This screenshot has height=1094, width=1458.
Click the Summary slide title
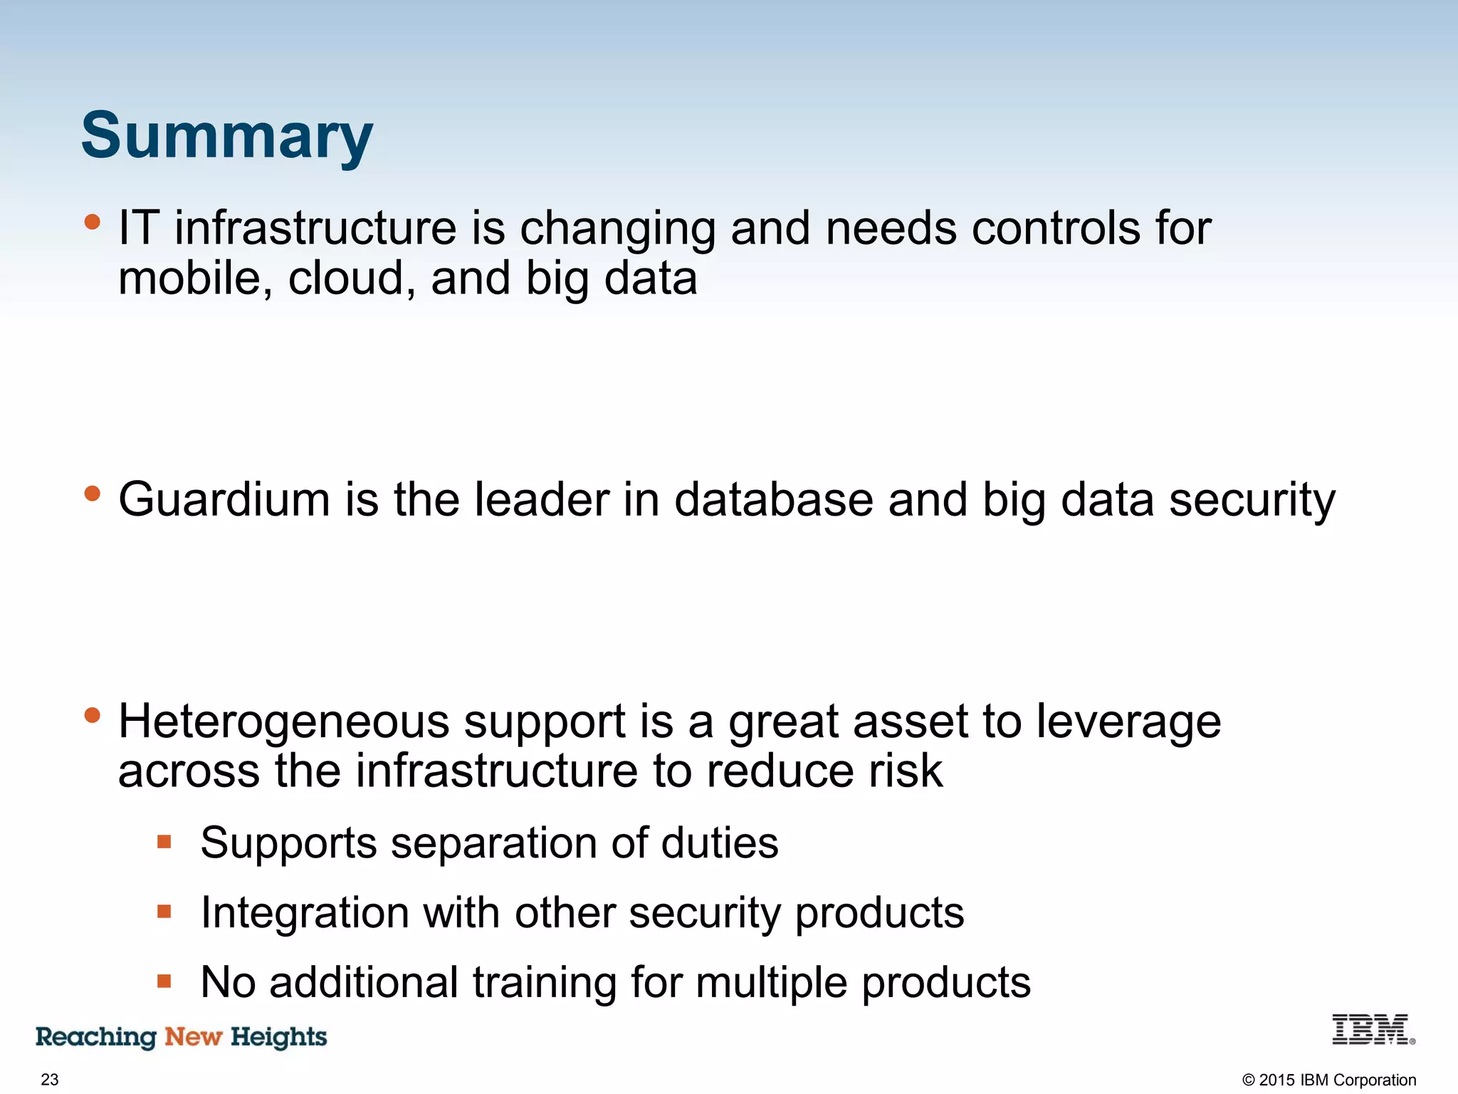tap(226, 137)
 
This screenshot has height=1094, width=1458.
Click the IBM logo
tap(1372, 1030)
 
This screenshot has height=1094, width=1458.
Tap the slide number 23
tap(50, 1079)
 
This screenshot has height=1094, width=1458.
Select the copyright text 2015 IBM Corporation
tap(1328, 1080)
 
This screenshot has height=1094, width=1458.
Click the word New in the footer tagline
tap(193, 1036)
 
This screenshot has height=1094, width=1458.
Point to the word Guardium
tap(224, 499)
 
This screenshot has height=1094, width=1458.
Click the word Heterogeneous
tap(283, 721)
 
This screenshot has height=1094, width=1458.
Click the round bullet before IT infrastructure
tap(92, 222)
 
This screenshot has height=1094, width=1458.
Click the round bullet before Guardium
tap(92, 494)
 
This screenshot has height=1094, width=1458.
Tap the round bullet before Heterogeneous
tap(92, 715)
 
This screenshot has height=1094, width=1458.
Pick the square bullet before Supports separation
tap(164, 843)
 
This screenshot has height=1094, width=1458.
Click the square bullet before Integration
tap(164, 912)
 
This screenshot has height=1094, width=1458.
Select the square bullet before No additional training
tap(164, 981)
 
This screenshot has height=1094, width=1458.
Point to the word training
tap(544, 983)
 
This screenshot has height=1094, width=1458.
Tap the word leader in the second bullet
tap(541, 499)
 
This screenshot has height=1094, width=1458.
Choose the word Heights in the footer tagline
tap(278, 1037)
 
